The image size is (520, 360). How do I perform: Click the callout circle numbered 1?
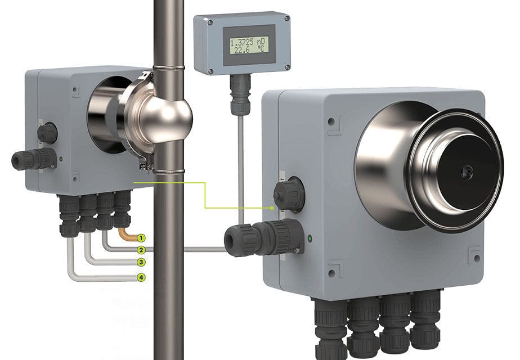point(141,238)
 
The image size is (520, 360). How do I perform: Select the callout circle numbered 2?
point(141,250)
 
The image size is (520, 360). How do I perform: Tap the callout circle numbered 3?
point(141,263)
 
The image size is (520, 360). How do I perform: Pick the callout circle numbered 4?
point(141,277)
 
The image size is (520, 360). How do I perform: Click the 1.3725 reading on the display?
point(242,42)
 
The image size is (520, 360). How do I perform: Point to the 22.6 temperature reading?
point(242,50)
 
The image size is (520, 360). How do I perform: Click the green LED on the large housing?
point(310,238)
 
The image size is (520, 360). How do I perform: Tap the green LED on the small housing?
point(61,159)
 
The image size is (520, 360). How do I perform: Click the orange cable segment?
point(127,234)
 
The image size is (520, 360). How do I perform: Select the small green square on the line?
point(272,208)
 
